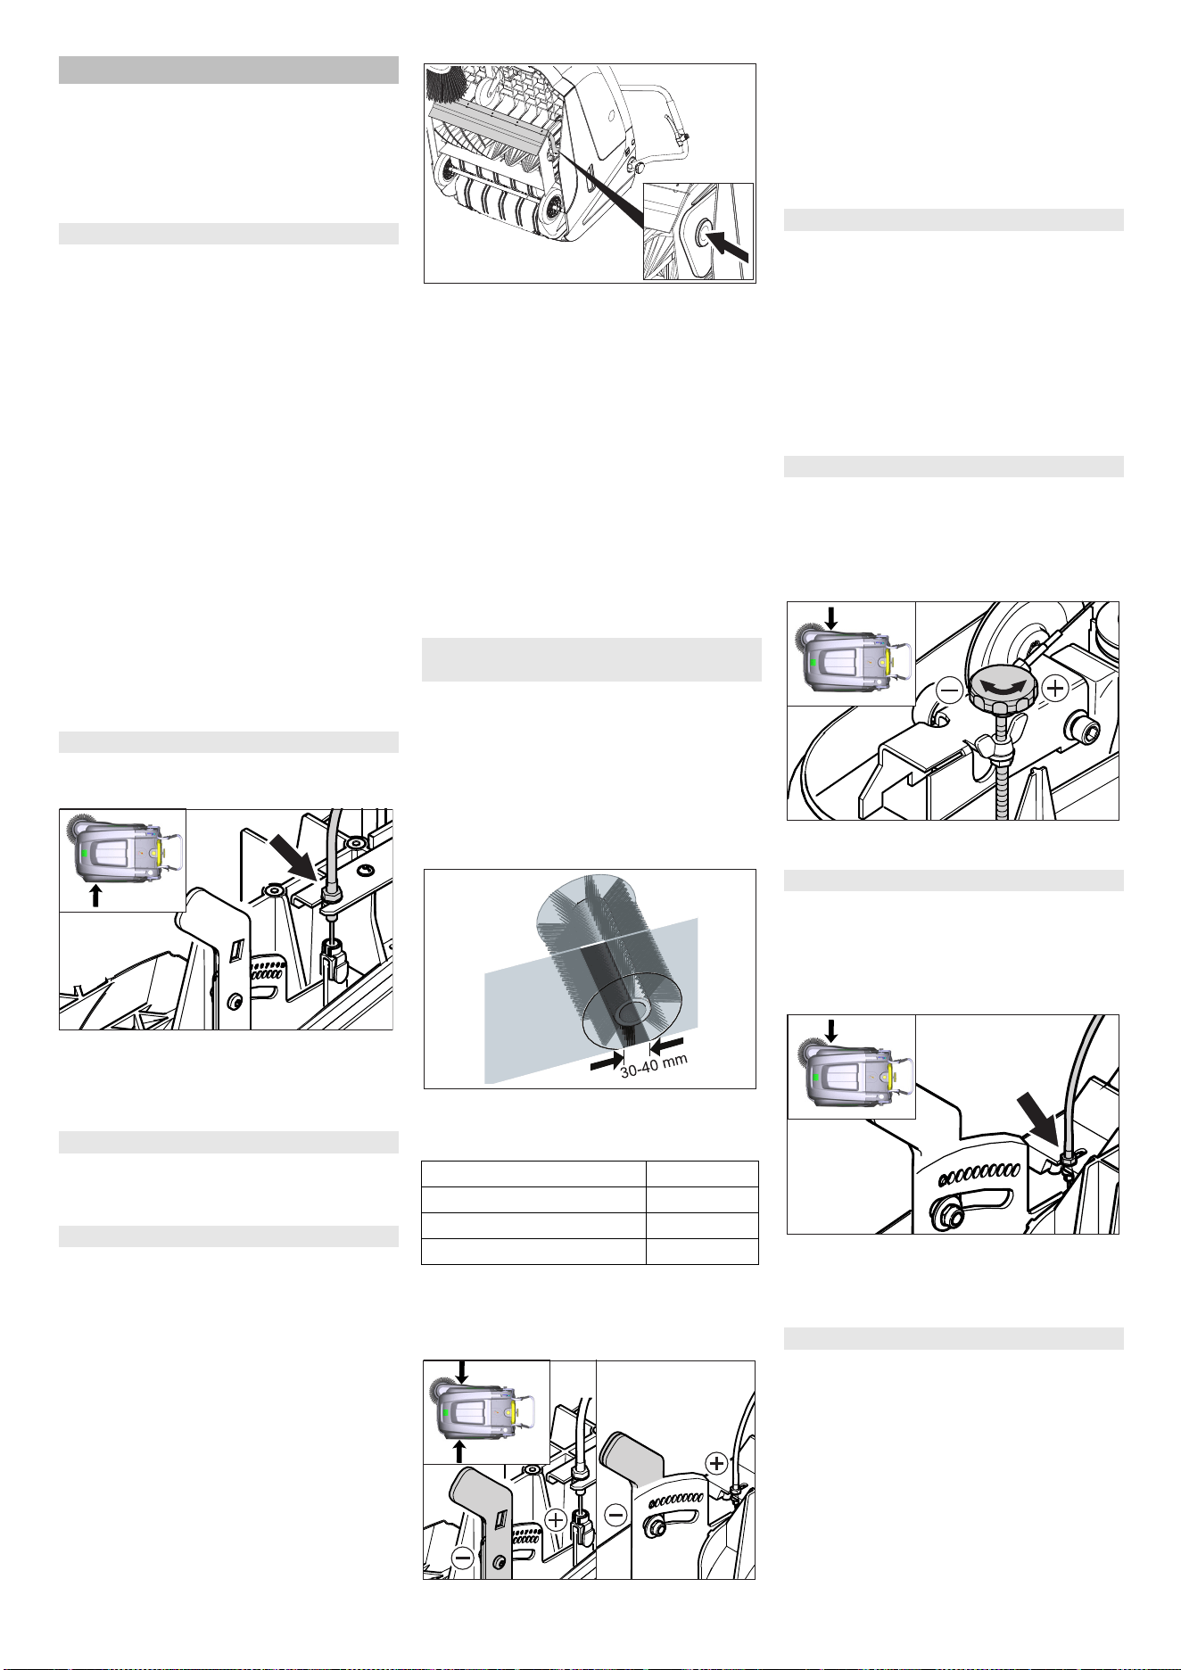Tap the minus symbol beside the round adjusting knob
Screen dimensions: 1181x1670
[948, 689]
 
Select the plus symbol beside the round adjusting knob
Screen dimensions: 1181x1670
[1055, 688]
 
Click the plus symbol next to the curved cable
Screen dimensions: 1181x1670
[717, 1462]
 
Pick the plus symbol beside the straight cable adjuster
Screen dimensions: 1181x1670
[555, 1518]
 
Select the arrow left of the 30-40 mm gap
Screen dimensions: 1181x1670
[607, 1060]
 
